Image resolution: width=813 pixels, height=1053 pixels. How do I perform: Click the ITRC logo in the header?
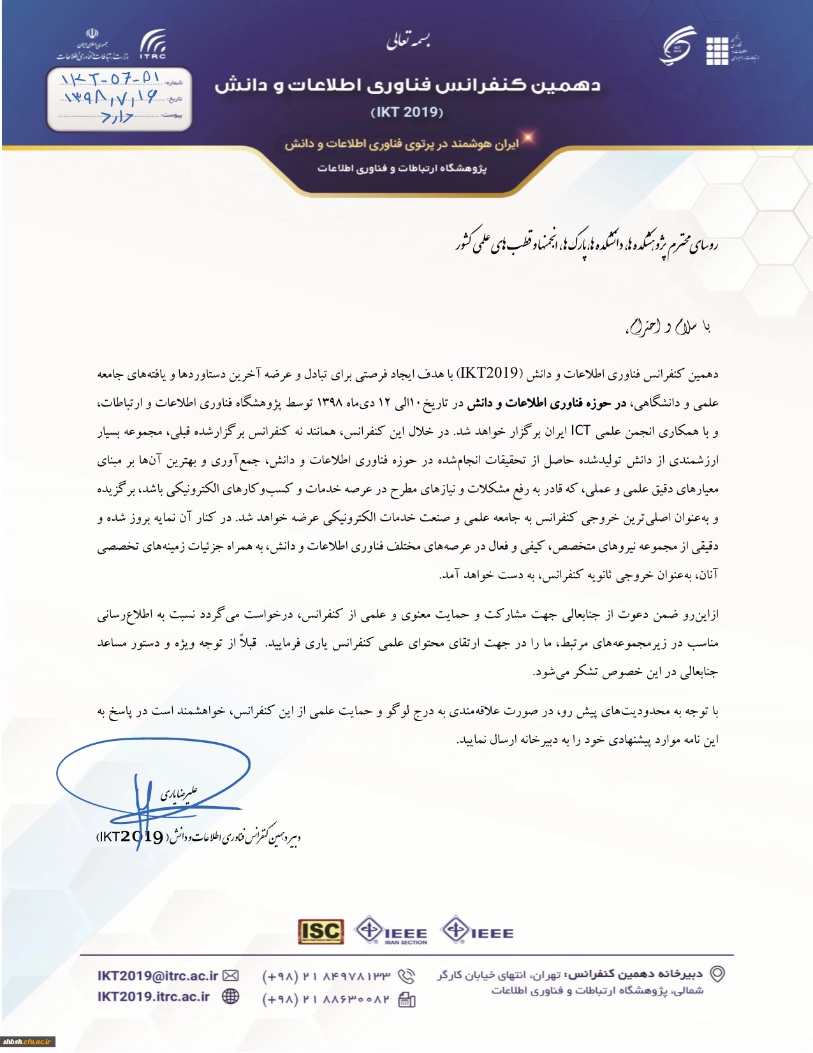click(153, 44)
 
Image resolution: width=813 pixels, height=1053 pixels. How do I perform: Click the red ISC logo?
click(321, 932)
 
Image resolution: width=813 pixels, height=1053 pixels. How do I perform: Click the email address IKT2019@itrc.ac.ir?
click(157, 976)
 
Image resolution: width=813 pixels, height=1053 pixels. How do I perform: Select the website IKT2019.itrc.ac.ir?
click(154, 997)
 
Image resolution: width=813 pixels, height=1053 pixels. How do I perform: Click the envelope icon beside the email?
click(231, 976)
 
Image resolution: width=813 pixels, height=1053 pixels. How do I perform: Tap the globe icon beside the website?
click(230, 997)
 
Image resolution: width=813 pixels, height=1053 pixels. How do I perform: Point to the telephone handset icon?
click(406, 976)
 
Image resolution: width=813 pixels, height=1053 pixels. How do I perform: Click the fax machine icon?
click(407, 1000)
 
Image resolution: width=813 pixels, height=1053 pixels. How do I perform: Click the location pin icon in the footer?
click(718, 974)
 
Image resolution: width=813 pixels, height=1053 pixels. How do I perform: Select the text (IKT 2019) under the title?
click(407, 112)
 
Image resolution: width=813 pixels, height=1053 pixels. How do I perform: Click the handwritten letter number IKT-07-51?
click(110, 80)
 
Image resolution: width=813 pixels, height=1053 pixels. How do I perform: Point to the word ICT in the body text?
click(580, 431)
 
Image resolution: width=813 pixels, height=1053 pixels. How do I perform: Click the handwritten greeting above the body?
click(668, 327)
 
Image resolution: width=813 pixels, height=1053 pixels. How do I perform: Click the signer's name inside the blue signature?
click(179, 794)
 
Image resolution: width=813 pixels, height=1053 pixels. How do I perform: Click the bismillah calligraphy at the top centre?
click(408, 41)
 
